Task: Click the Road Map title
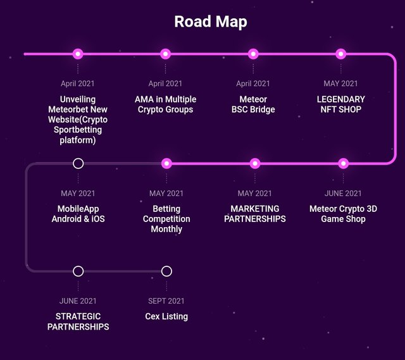(x=211, y=22)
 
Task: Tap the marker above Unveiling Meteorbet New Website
(x=78, y=54)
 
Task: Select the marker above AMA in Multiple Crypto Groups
(x=166, y=54)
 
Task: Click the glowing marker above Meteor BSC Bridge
(x=253, y=54)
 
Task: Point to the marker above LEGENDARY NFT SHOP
(x=341, y=54)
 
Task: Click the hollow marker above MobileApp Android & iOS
(x=78, y=163)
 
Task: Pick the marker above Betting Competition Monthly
(x=166, y=163)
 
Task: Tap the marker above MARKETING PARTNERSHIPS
(x=254, y=163)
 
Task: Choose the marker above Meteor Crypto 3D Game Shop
(x=343, y=163)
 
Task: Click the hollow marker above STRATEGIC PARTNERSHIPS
(x=78, y=271)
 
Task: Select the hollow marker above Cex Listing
(x=166, y=271)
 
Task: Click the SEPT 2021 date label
(x=166, y=301)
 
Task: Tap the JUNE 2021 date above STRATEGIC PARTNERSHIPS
(x=78, y=301)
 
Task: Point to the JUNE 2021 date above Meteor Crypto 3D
(x=343, y=193)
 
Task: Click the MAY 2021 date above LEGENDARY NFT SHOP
(x=341, y=84)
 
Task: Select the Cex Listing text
(x=166, y=316)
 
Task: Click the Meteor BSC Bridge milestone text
(x=253, y=104)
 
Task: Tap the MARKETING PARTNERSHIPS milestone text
(x=254, y=214)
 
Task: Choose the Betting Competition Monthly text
(x=166, y=219)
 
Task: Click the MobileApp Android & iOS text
(x=78, y=214)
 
